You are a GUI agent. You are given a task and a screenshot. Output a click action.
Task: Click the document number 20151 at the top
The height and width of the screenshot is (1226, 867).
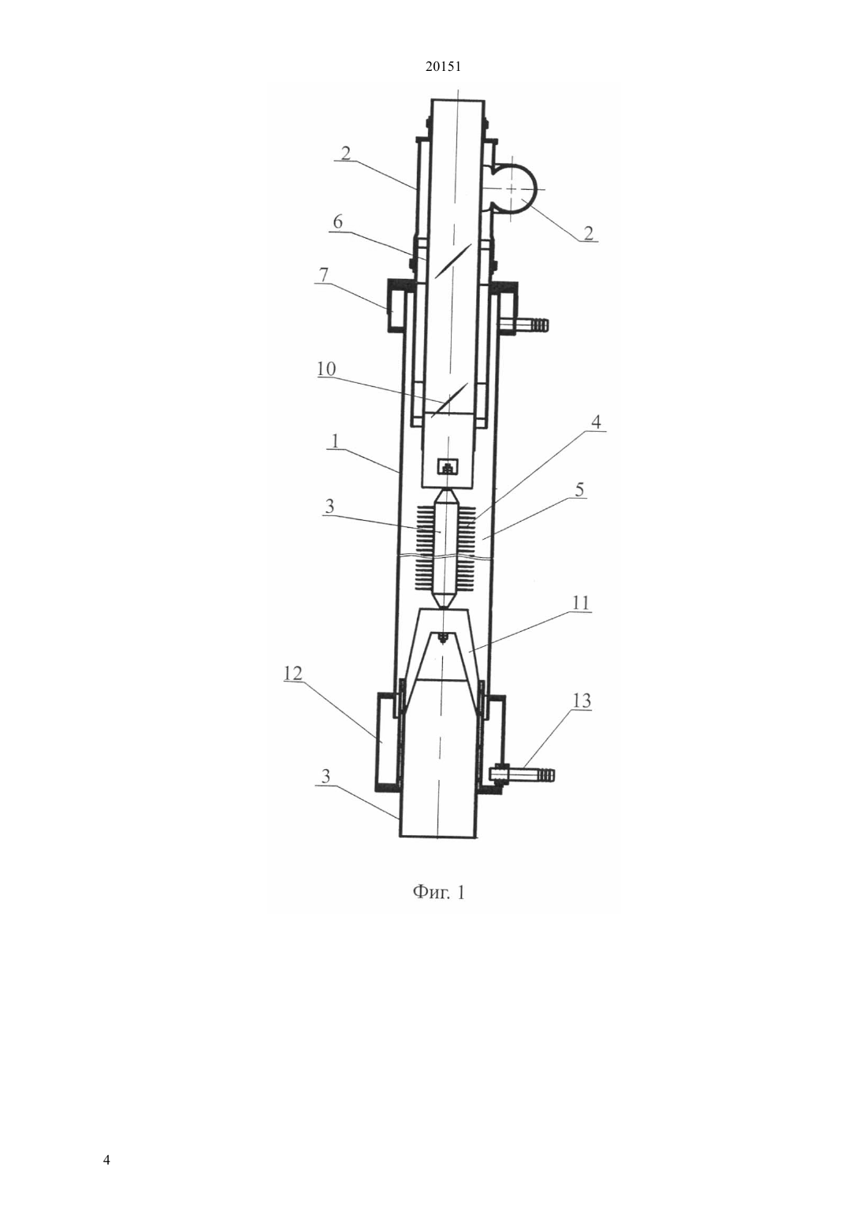(x=443, y=67)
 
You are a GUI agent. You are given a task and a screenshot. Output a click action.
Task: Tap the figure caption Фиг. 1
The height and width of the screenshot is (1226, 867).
(x=438, y=893)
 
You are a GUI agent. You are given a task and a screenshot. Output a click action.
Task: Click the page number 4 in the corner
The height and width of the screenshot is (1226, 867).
(x=106, y=1159)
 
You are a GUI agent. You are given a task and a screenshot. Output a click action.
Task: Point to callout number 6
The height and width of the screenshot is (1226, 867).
(x=337, y=222)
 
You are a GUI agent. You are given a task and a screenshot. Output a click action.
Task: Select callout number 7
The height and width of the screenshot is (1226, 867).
(x=324, y=275)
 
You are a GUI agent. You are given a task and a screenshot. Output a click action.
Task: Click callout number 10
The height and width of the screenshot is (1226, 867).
(x=326, y=369)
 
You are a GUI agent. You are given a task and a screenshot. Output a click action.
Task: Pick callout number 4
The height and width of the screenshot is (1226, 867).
(x=596, y=422)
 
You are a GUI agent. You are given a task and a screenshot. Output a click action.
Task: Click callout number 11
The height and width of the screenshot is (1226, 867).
(x=581, y=603)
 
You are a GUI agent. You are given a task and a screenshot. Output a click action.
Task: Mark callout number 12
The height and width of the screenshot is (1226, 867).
(x=293, y=673)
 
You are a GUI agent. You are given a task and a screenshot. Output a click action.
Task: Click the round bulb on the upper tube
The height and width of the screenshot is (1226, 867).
(x=518, y=188)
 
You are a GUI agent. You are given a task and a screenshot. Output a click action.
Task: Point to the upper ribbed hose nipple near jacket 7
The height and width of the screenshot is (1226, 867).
(x=523, y=326)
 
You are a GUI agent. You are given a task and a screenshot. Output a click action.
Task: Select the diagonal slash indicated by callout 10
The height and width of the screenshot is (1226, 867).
(x=448, y=400)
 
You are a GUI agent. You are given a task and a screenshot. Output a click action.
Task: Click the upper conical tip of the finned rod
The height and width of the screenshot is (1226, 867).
(x=447, y=497)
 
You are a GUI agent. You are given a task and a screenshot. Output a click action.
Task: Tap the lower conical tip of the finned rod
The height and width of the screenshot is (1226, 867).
(x=447, y=599)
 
